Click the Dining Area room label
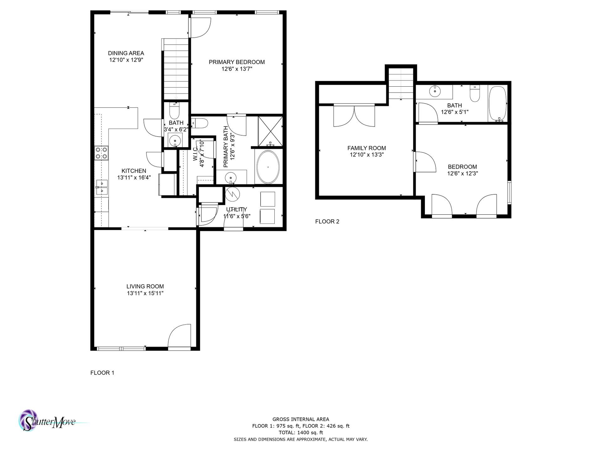tap(126, 53)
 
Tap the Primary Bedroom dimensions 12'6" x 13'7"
tap(237, 69)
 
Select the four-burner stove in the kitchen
tap(101, 153)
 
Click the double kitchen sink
tap(102, 187)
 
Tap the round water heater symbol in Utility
tap(232, 195)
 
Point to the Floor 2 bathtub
tap(498, 104)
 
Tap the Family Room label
tap(367, 148)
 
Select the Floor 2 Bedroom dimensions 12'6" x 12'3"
tap(462, 174)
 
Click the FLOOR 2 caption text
tap(327, 221)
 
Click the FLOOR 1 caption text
tap(102, 373)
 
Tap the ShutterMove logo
tap(47, 421)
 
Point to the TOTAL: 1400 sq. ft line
tap(300, 433)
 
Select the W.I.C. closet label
tap(195, 154)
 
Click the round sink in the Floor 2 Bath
tap(435, 91)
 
